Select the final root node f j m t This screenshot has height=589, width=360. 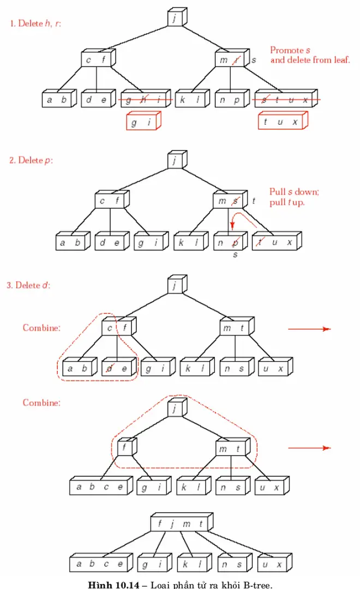(181, 524)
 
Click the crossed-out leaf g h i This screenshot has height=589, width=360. (145, 100)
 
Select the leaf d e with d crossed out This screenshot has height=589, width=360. (117, 369)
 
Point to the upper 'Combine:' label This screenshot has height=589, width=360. (41, 328)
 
